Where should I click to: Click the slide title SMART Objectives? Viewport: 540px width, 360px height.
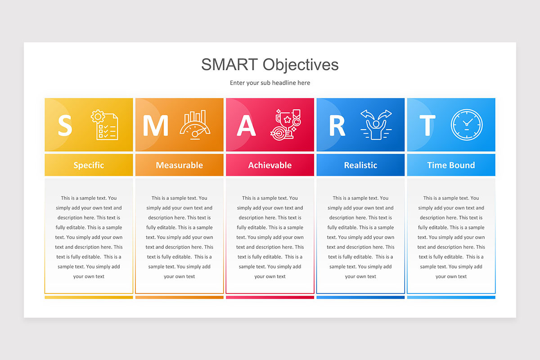[270, 64]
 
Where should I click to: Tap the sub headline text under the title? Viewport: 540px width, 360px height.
[270, 83]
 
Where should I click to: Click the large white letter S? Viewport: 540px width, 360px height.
[65, 126]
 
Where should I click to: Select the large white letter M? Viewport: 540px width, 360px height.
[155, 126]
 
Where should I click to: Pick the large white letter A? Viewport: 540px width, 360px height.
[246, 126]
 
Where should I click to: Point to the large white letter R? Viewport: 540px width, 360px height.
[337, 126]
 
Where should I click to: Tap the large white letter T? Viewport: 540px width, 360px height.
[427, 126]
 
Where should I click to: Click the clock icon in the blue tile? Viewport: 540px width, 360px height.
[467, 125]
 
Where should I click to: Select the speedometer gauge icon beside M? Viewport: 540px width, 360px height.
[195, 125]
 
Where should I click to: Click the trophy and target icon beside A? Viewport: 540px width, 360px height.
[285, 125]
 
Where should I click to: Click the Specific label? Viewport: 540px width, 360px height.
[89, 165]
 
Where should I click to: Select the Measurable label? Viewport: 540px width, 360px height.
[179, 165]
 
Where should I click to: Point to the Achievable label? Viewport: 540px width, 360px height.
[270, 165]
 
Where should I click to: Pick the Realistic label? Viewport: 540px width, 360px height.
[360, 165]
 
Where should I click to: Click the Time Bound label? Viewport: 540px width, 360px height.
[451, 165]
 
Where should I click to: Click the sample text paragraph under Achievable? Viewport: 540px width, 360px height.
[270, 237]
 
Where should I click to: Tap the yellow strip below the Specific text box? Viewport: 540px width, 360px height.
[89, 297]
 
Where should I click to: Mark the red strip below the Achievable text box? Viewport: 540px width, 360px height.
[270, 297]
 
